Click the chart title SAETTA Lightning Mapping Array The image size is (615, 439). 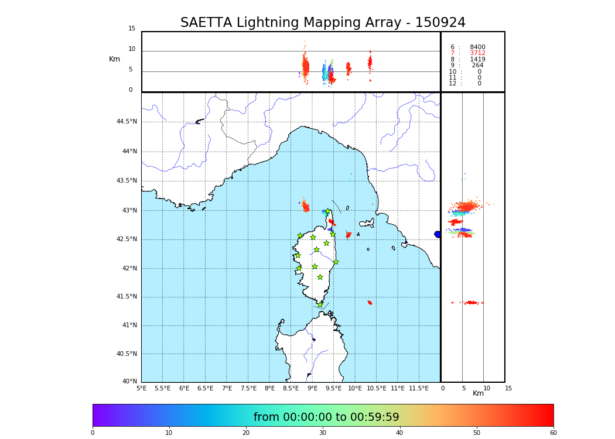(x=323, y=23)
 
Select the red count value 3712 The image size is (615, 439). (x=477, y=53)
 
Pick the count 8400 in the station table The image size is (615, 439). (x=477, y=47)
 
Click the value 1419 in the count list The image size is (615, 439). (x=477, y=60)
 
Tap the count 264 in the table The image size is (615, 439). (x=478, y=66)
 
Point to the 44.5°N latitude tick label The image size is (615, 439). (x=127, y=122)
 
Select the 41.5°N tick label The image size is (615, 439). (x=127, y=297)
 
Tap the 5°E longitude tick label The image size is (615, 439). (x=142, y=388)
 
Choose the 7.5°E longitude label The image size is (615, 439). (x=248, y=388)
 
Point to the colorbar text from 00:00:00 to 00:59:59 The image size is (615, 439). (x=326, y=417)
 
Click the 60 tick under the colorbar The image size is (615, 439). (x=553, y=433)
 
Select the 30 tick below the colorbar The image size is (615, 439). (x=323, y=433)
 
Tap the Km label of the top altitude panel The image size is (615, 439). (x=114, y=59)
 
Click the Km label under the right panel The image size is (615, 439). (x=479, y=393)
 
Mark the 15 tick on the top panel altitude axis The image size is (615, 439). (x=132, y=29)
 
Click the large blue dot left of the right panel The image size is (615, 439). (x=438, y=234)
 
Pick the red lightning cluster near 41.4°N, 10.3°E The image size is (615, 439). (x=370, y=303)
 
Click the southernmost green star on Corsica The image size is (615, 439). (x=320, y=304)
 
